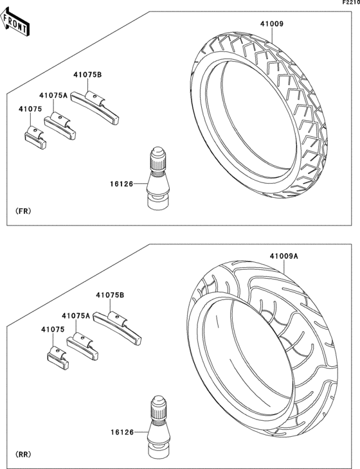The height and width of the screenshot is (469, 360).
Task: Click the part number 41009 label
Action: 272,24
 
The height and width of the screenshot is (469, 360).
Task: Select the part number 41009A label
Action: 284,256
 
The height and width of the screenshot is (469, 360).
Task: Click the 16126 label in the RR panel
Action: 122,432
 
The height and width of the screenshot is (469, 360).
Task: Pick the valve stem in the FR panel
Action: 156,179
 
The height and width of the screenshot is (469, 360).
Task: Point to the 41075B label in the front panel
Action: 87,75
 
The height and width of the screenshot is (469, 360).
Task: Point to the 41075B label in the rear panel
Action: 110,295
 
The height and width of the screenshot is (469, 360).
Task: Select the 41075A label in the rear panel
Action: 76,315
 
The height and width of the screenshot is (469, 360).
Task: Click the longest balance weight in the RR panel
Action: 119,325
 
